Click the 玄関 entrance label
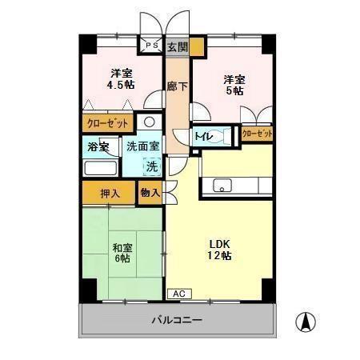coord(178,47)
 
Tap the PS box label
coord(150,46)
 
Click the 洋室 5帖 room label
coord(234,85)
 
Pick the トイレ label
coord(203,136)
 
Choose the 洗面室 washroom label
coord(143,147)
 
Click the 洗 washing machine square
coord(150,166)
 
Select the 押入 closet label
coord(109,193)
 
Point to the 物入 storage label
coord(150,192)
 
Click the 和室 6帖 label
coord(122,253)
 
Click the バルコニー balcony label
coord(177,320)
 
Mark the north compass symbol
coord(305,323)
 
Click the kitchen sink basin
coord(221,186)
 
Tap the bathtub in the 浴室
coord(99,169)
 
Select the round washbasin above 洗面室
coord(148,122)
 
